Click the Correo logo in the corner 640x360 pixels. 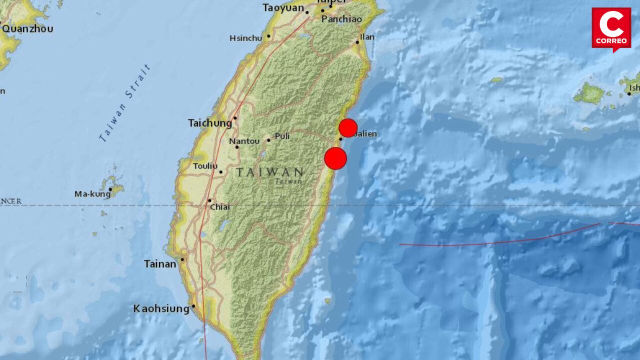(611, 29)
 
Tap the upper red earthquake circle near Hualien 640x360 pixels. (348, 128)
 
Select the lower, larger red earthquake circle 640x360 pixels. (335, 158)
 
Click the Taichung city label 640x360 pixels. (210, 123)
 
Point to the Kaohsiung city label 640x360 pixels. (161, 309)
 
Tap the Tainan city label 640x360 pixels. (160, 264)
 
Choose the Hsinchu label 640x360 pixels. (246, 38)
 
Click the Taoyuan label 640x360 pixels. (282, 8)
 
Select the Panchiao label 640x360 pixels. (341, 19)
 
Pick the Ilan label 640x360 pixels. (367, 37)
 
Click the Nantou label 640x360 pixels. (244, 141)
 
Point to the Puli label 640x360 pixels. (282, 136)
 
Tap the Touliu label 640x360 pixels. (205, 166)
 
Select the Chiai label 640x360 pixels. (219, 206)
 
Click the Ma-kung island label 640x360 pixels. (92, 194)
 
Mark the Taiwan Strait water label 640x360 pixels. (125, 103)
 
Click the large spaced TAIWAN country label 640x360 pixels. (270, 172)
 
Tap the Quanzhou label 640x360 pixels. (27, 29)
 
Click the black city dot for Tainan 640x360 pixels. (182, 259)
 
